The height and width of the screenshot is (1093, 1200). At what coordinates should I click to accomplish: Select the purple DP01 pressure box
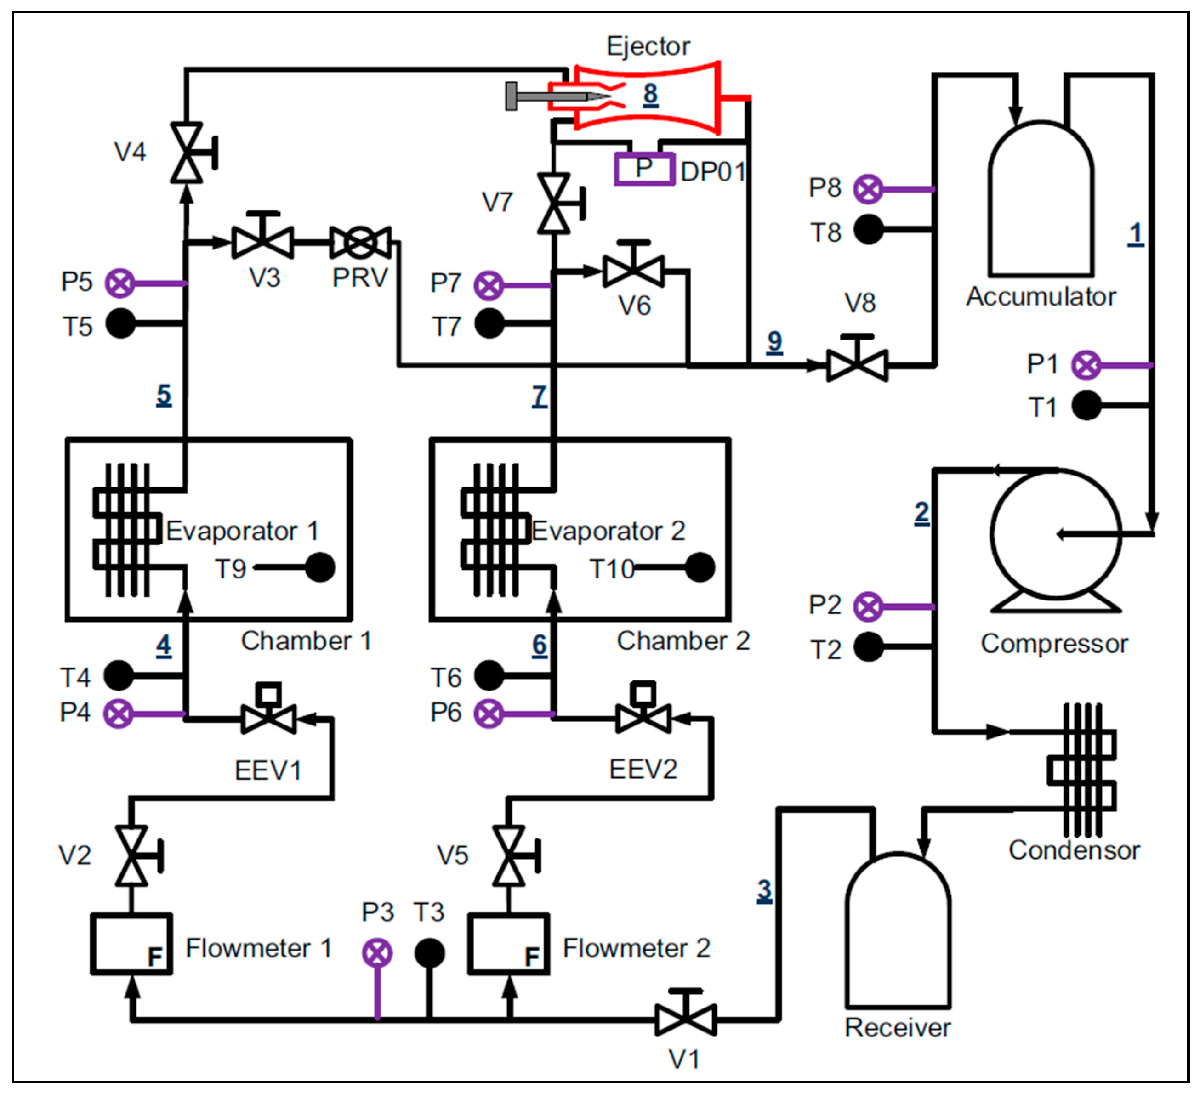pos(644,169)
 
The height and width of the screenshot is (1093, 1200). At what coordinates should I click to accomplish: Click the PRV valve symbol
pos(360,242)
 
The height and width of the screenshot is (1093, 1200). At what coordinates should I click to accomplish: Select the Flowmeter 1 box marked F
pos(131,944)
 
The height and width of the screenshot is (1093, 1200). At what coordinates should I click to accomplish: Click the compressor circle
pos(1055,534)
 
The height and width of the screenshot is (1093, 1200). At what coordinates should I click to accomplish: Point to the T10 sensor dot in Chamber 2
pos(700,567)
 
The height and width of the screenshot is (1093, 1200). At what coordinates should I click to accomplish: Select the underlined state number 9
pos(774,341)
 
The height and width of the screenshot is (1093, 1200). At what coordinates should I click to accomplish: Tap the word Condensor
pos(1073,849)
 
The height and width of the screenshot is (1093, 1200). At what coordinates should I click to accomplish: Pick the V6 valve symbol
pos(633,271)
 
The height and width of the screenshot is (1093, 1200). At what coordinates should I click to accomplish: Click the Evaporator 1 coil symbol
pos(126,530)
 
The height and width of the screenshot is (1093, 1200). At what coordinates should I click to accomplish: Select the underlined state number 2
pos(921,512)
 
